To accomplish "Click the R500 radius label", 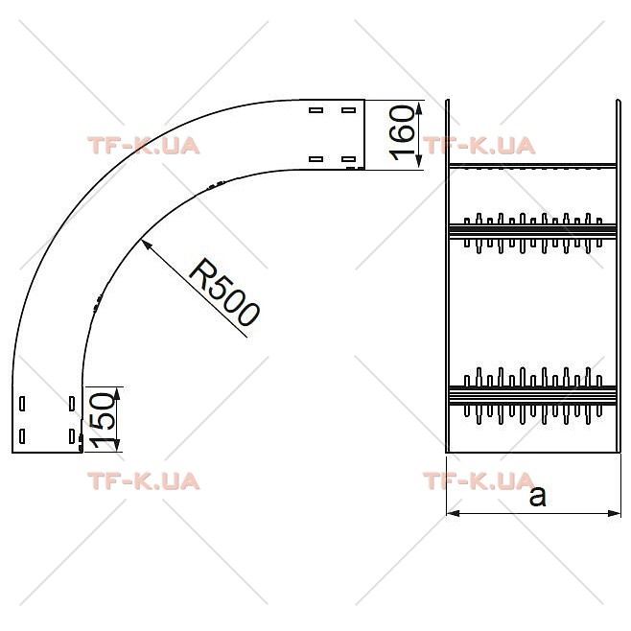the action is coord(224,292).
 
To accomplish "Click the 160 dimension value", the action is coord(402,132).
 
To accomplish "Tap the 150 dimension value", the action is coord(102,420).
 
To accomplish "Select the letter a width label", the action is coord(538,496).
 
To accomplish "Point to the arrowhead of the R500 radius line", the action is coord(146,244).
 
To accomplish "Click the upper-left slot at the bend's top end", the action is coord(315,110).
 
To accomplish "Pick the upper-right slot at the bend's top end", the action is coord(348,110).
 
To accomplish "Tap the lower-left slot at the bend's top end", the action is coord(315,159).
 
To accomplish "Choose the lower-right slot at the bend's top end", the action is coord(348,159).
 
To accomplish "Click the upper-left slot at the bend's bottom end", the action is coord(22,404).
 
